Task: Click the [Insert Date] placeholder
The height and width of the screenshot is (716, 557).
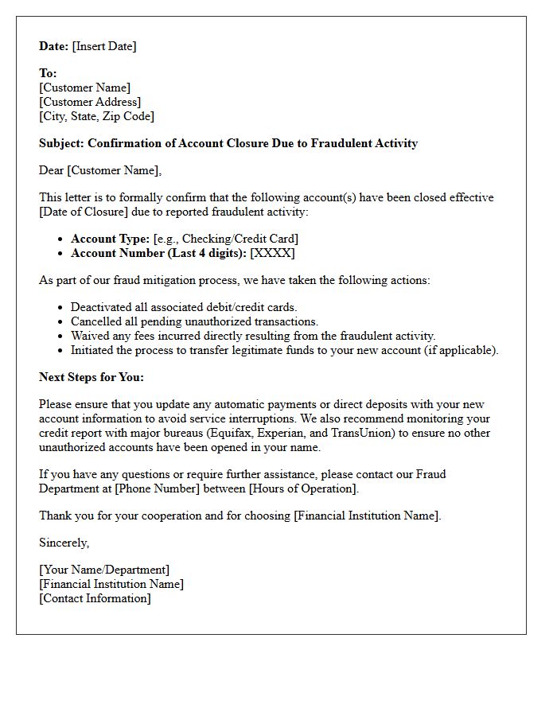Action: click(x=104, y=46)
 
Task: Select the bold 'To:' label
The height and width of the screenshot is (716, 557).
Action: click(x=48, y=73)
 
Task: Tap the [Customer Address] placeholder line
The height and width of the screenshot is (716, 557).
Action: click(x=90, y=102)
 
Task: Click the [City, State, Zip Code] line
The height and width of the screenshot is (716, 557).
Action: click(x=96, y=116)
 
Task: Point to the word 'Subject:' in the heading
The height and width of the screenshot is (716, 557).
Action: click(x=61, y=143)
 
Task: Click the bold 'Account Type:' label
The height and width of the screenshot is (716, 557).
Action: click(x=110, y=239)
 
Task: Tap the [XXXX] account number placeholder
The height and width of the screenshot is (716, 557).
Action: click(x=272, y=253)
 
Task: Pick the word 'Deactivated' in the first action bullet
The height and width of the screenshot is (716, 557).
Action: click(x=103, y=307)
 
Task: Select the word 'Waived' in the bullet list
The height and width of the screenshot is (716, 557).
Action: click(x=90, y=336)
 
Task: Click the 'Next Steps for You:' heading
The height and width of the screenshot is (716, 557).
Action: click(x=92, y=377)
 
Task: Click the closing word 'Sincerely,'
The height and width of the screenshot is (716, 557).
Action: click(x=64, y=543)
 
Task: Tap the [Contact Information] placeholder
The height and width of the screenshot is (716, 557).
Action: click(x=95, y=598)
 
